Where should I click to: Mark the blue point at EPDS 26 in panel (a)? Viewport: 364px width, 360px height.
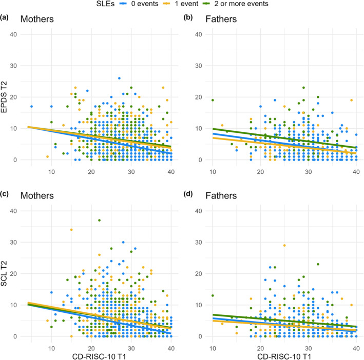pyautogui.click(x=119, y=78)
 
